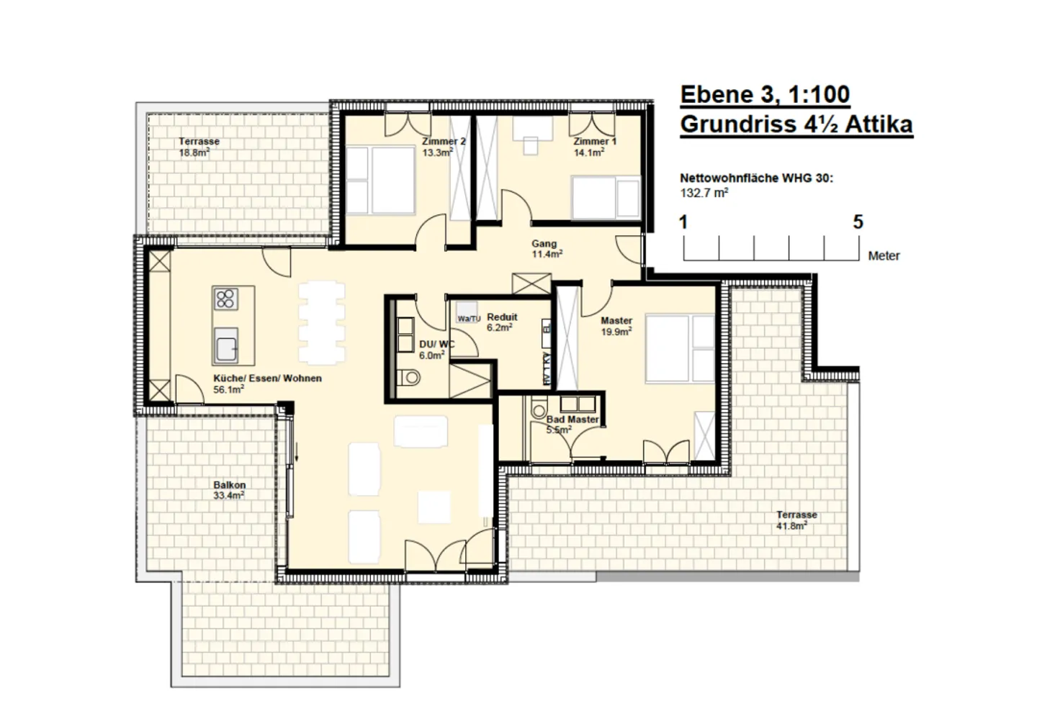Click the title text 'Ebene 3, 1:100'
(764, 94)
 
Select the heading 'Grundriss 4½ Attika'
(796, 124)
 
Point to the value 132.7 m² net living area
(704, 193)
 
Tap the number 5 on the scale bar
(857, 222)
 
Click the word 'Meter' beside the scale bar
(884, 255)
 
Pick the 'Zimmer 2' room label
(444, 142)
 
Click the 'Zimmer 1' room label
(595, 142)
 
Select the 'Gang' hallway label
(544, 244)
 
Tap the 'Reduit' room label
(502, 317)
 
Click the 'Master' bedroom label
(616, 321)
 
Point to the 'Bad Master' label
(572, 419)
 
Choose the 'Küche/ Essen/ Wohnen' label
(267, 378)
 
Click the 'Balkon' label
(229, 485)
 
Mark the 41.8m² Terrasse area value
(791, 525)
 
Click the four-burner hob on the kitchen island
(225, 299)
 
